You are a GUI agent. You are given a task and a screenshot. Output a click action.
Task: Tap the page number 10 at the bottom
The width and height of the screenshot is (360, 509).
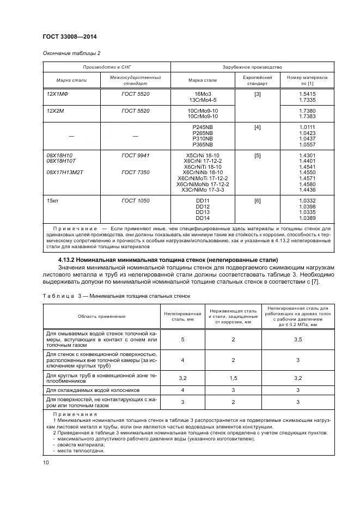coord(45,463)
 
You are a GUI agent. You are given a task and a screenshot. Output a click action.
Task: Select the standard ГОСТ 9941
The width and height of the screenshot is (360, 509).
coord(136,156)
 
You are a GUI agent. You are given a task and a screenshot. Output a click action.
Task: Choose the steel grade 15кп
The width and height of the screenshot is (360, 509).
coord(53,201)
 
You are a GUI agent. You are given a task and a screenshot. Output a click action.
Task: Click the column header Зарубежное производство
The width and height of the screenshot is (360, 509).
coord(252,67)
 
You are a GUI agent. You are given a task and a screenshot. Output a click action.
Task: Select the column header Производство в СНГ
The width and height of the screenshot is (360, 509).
coord(107,67)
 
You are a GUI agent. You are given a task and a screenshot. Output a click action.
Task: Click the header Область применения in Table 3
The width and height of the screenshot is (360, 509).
coord(101,316)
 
